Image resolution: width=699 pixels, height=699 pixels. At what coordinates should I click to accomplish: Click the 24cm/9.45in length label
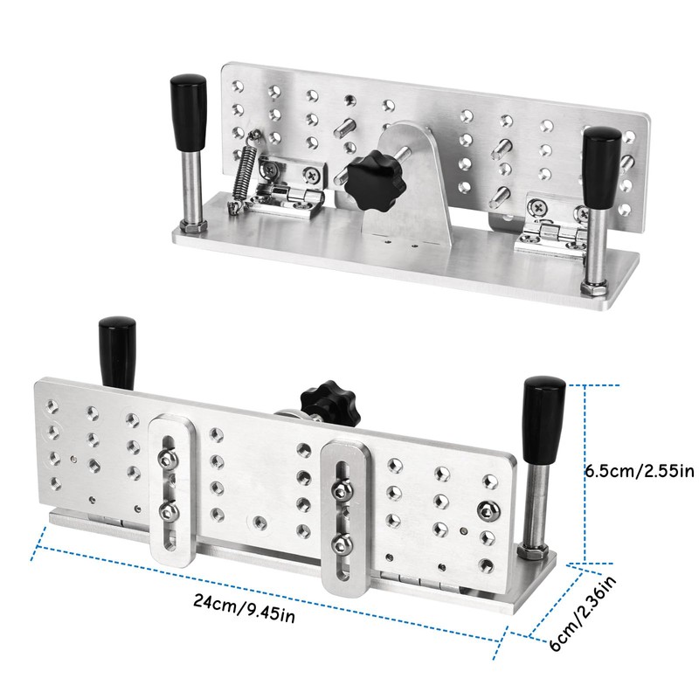[244, 607]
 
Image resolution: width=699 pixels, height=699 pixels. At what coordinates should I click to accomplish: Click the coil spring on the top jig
[243, 171]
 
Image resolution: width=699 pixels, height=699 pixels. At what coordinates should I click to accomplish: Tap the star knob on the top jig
[376, 181]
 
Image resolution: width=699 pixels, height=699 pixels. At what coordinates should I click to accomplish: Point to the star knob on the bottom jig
[330, 401]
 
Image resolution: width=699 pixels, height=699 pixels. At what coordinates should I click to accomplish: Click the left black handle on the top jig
[189, 113]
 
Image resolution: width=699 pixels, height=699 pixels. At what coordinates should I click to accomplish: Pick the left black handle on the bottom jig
[117, 352]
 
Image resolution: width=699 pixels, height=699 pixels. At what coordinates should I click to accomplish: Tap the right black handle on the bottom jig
[543, 419]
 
